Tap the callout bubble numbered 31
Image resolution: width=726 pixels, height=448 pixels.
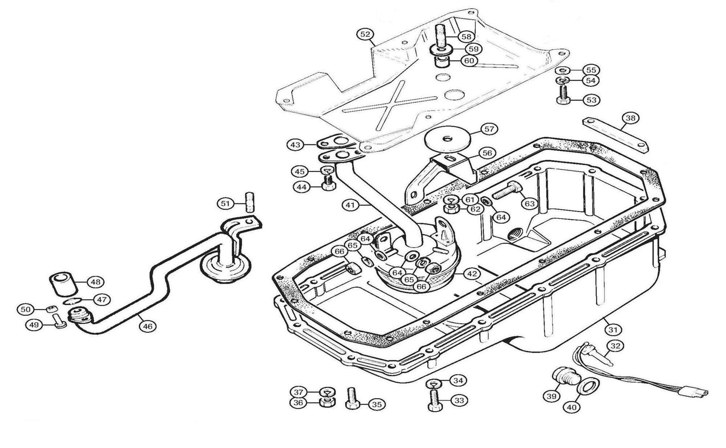(x=613, y=330)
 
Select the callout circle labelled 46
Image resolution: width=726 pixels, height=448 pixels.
(x=147, y=326)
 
